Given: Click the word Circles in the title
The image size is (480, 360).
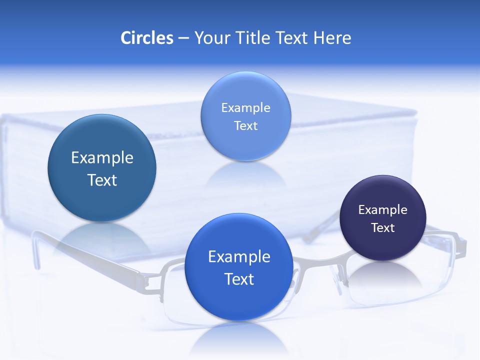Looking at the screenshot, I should (x=147, y=38).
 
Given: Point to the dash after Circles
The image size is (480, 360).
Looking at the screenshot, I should (x=183, y=38).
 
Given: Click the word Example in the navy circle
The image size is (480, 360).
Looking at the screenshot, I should (x=383, y=209).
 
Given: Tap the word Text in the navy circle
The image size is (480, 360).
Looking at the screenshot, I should (x=383, y=228).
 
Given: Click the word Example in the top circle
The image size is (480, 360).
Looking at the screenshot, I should (x=245, y=107).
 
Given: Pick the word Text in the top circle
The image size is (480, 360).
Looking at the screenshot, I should (x=245, y=126).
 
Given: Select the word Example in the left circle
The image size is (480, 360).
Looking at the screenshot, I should (x=102, y=158).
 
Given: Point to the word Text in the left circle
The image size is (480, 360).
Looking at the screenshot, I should (x=102, y=180).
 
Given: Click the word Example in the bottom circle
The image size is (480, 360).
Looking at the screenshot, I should (x=239, y=257).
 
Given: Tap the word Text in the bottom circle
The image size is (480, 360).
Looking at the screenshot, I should (x=239, y=279).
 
